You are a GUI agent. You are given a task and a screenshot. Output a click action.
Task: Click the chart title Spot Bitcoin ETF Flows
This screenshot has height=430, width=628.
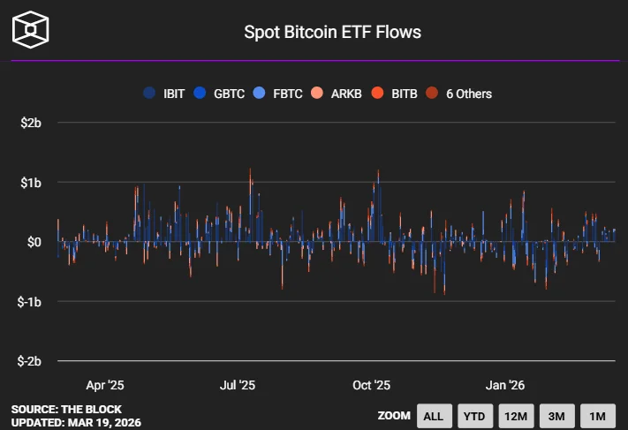[332, 33]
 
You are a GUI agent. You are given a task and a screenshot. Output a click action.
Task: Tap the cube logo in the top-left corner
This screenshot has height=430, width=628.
[30, 29]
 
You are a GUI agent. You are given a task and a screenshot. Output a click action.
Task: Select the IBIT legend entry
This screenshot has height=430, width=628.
[165, 94]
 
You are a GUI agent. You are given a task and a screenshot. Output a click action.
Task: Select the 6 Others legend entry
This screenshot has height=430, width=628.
[459, 94]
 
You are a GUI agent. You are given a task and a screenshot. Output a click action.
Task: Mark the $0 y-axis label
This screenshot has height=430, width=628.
[33, 242]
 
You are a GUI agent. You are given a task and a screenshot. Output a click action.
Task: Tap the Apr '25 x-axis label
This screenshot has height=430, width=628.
[105, 385]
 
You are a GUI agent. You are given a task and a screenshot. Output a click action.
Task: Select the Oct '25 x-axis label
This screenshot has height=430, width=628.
[371, 385]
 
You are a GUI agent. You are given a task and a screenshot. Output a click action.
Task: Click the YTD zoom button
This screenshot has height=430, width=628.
[474, 416]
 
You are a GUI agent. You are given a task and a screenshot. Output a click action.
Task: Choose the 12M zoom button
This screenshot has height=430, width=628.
[515, 416]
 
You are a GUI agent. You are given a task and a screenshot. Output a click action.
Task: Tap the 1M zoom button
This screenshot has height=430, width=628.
[597, 416]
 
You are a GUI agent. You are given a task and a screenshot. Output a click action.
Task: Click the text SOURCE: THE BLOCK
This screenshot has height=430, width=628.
[66, 410]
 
